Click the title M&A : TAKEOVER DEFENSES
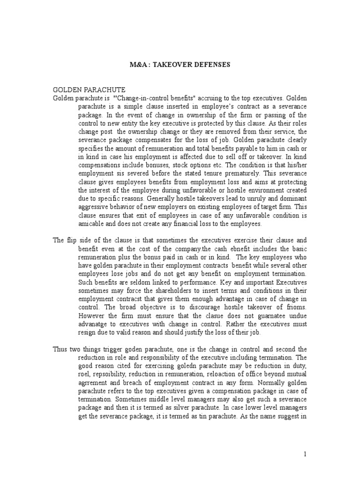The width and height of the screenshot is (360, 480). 180,65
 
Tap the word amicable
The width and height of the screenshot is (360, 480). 93,224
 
